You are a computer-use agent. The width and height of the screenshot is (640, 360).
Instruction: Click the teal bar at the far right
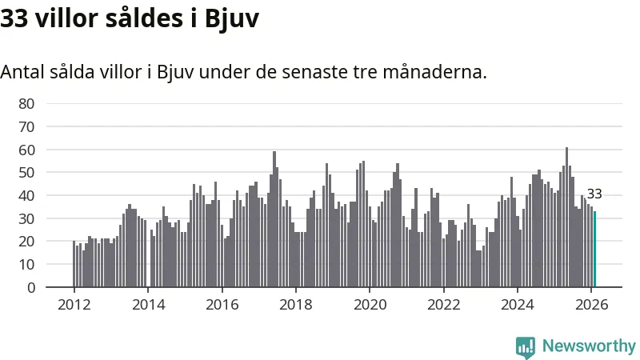(x=594, y=249)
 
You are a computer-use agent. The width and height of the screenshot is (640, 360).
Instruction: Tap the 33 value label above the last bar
(x=594, y=194)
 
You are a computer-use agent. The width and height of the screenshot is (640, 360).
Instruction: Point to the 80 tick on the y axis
(x=26, y=103)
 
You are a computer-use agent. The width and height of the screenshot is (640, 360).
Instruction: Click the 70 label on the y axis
(x=26, y=126)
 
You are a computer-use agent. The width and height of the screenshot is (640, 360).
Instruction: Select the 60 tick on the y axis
(x=26, y=150)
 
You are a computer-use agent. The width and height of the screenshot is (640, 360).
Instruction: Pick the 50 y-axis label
(x=26, y=172)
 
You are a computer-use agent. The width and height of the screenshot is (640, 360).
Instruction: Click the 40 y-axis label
(x=26, y=195)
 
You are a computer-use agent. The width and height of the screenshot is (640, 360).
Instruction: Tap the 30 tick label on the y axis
(x=26, y=218)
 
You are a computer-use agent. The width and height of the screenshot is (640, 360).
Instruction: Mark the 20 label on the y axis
(x=26, y=241)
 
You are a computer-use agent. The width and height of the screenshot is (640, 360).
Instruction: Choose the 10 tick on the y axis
(x=26, y=264)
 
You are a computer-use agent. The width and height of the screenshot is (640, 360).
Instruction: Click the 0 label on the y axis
(x=30, y=287)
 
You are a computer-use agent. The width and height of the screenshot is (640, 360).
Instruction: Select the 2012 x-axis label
(x=74, y=304)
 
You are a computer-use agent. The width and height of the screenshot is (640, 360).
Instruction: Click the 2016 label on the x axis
(x=222, y=304)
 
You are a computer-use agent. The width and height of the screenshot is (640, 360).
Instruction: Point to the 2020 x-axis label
(x=370, y=304)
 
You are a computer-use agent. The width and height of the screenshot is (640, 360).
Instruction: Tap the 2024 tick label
(x=518, y=304)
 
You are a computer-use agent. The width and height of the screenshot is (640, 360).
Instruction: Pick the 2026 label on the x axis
(x=591, y=304)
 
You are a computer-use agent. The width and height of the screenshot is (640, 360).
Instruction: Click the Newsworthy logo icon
(x=526, y=346)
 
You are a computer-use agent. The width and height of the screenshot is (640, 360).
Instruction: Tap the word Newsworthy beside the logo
(x=589, y=346)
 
